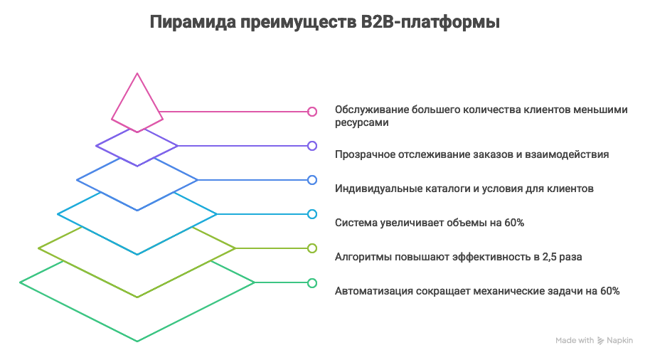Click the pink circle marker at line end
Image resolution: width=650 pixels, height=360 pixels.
point(311,112)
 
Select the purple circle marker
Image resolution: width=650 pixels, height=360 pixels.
point(311,146)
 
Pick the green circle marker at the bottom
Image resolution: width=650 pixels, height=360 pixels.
point(311,282)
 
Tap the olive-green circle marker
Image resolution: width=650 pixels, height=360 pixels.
point(311,248)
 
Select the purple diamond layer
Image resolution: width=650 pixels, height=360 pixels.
point(137,146)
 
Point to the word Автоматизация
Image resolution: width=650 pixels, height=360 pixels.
point(371,291)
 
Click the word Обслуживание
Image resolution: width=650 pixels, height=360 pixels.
point(370,110)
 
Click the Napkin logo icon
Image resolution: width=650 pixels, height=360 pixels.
point(601,341)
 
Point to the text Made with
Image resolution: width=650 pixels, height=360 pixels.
point(575,341)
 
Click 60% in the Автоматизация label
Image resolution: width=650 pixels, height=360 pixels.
point(610,291)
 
